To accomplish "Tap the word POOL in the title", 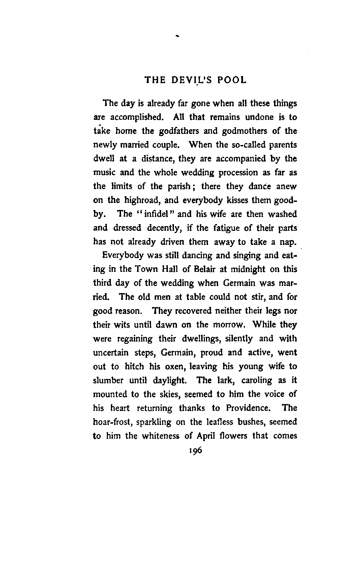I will [232, 80].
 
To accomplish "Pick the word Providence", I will [249, 408].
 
